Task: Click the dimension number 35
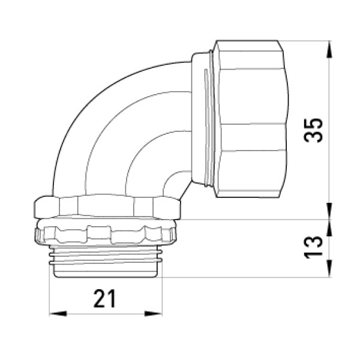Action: pyautogui.click(x=313, y=130)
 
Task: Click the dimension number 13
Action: pyautogui.click(x=313, y=247)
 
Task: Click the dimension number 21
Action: pyautogui.click(x=104, y=298)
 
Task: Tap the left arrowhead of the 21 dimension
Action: pyautogui.click(x=58, y=313)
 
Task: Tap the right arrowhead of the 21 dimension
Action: pyautogui.click(x=154, y=313)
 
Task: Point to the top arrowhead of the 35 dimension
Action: pyautogui.click(x=329, y=49)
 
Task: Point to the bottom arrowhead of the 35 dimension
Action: pyautogui.click(x=329, y=211)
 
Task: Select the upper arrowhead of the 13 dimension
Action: pyautogui.click(x=329, y=228)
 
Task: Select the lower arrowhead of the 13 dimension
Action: pyautogui.click(x=329, y=269)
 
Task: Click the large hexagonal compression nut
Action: pyautogui.click(x=250, y=119)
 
